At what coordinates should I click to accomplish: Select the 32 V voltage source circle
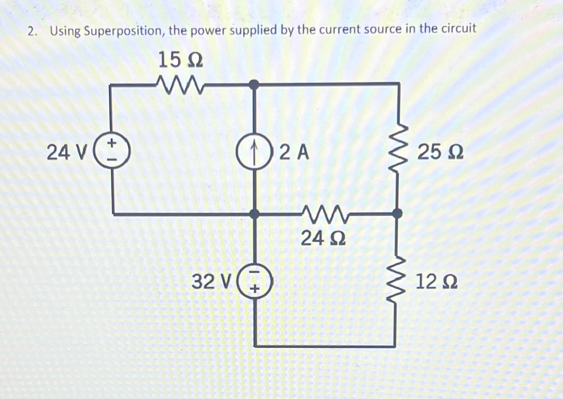255,281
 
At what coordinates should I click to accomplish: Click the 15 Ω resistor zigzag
180,85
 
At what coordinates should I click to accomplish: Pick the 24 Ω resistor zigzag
324,214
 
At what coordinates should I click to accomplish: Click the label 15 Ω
180,60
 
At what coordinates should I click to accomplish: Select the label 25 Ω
440,152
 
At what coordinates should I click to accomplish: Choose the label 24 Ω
323,238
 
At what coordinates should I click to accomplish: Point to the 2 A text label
294,152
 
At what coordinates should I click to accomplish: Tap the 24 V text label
67,152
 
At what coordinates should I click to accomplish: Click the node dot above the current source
255,85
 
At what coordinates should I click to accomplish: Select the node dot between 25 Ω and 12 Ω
398,213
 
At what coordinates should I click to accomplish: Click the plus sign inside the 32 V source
255,289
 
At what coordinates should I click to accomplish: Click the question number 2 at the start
31,32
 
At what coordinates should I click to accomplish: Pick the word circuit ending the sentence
458,28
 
